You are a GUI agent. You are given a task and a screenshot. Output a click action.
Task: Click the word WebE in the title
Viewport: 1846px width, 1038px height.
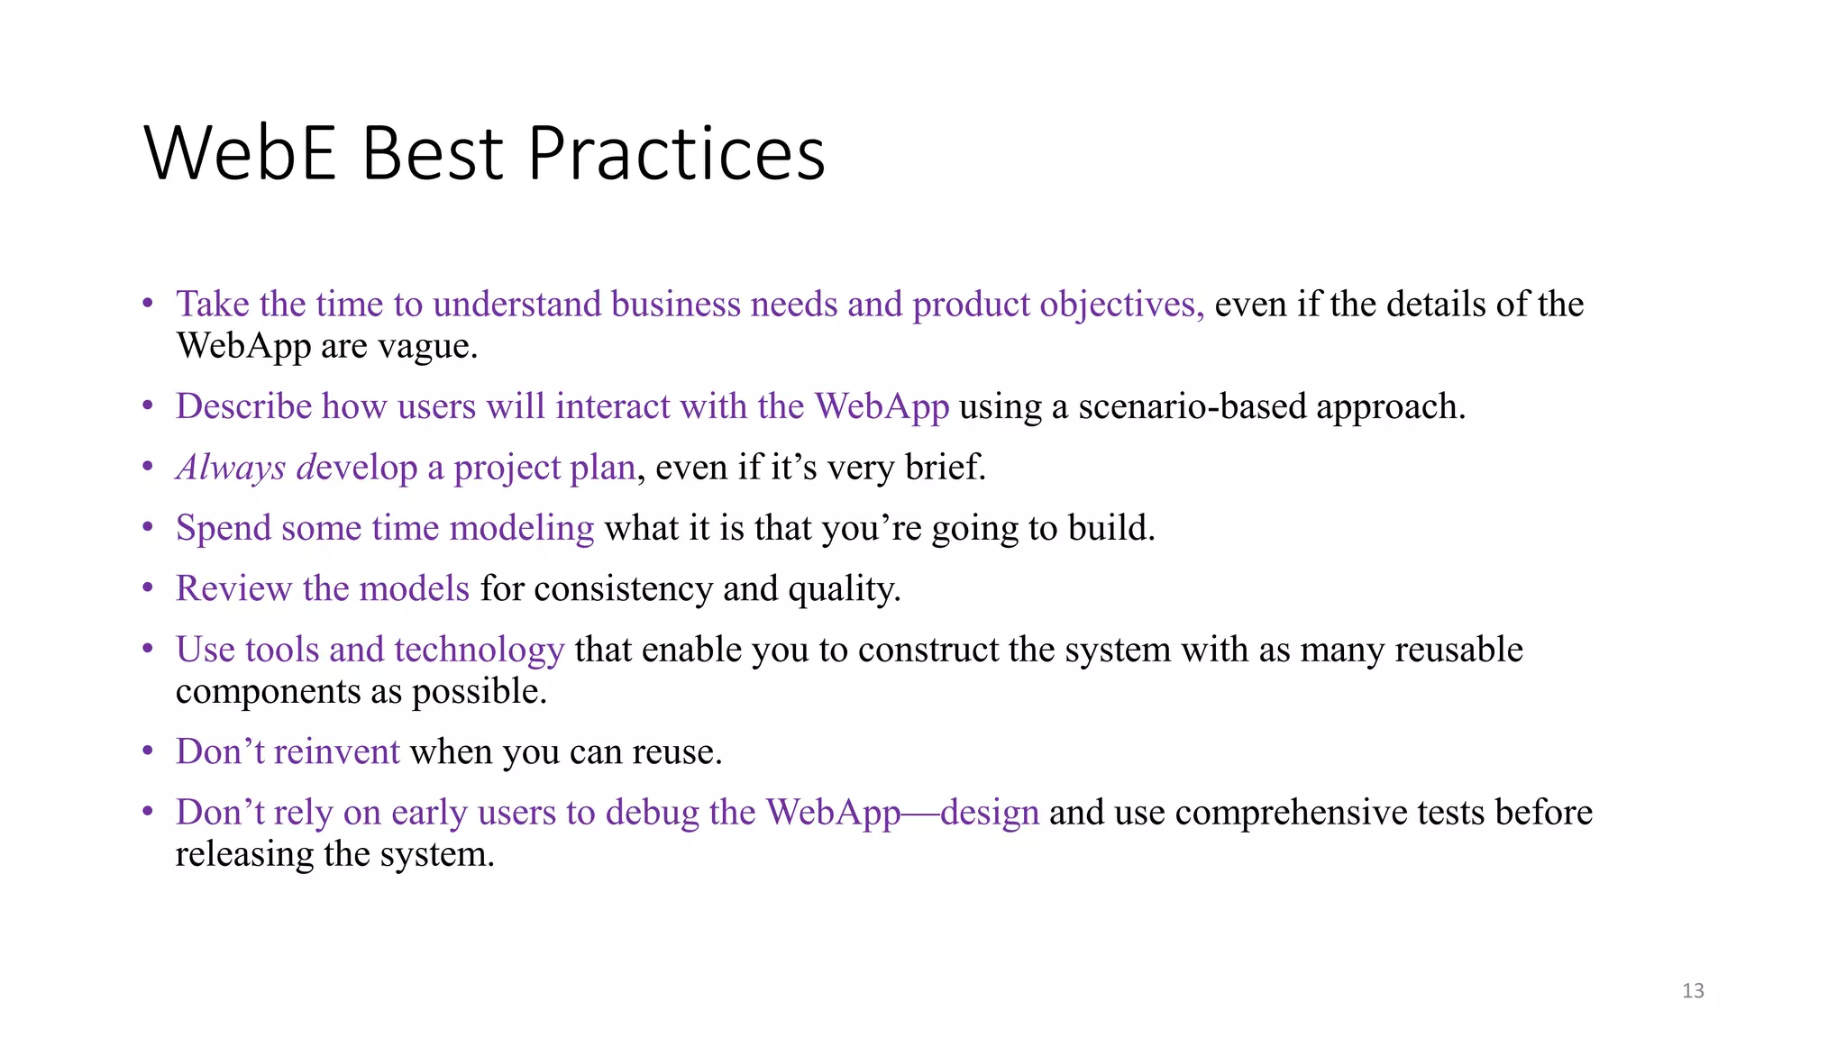[x=240, y=153]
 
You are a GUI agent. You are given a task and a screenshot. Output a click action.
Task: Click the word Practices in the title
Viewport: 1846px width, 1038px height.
[x=676, y=153]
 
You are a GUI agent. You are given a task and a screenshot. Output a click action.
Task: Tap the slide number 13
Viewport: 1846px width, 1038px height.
[x=1693, y=990]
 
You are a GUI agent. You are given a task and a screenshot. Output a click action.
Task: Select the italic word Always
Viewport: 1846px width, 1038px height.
[x=231, y=468]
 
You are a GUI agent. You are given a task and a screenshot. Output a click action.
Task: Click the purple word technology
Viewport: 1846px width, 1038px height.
[x=479, y=650]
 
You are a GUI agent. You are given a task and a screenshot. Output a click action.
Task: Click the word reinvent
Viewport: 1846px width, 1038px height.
[x=336, y=751]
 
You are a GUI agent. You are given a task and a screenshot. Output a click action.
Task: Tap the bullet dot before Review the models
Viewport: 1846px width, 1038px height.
[x=148, y=588]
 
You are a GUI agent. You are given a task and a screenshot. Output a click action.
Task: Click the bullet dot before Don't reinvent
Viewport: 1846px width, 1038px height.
[x=148, y=751]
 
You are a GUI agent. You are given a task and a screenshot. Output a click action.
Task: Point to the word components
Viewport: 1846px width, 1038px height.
[x=268, y=692]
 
